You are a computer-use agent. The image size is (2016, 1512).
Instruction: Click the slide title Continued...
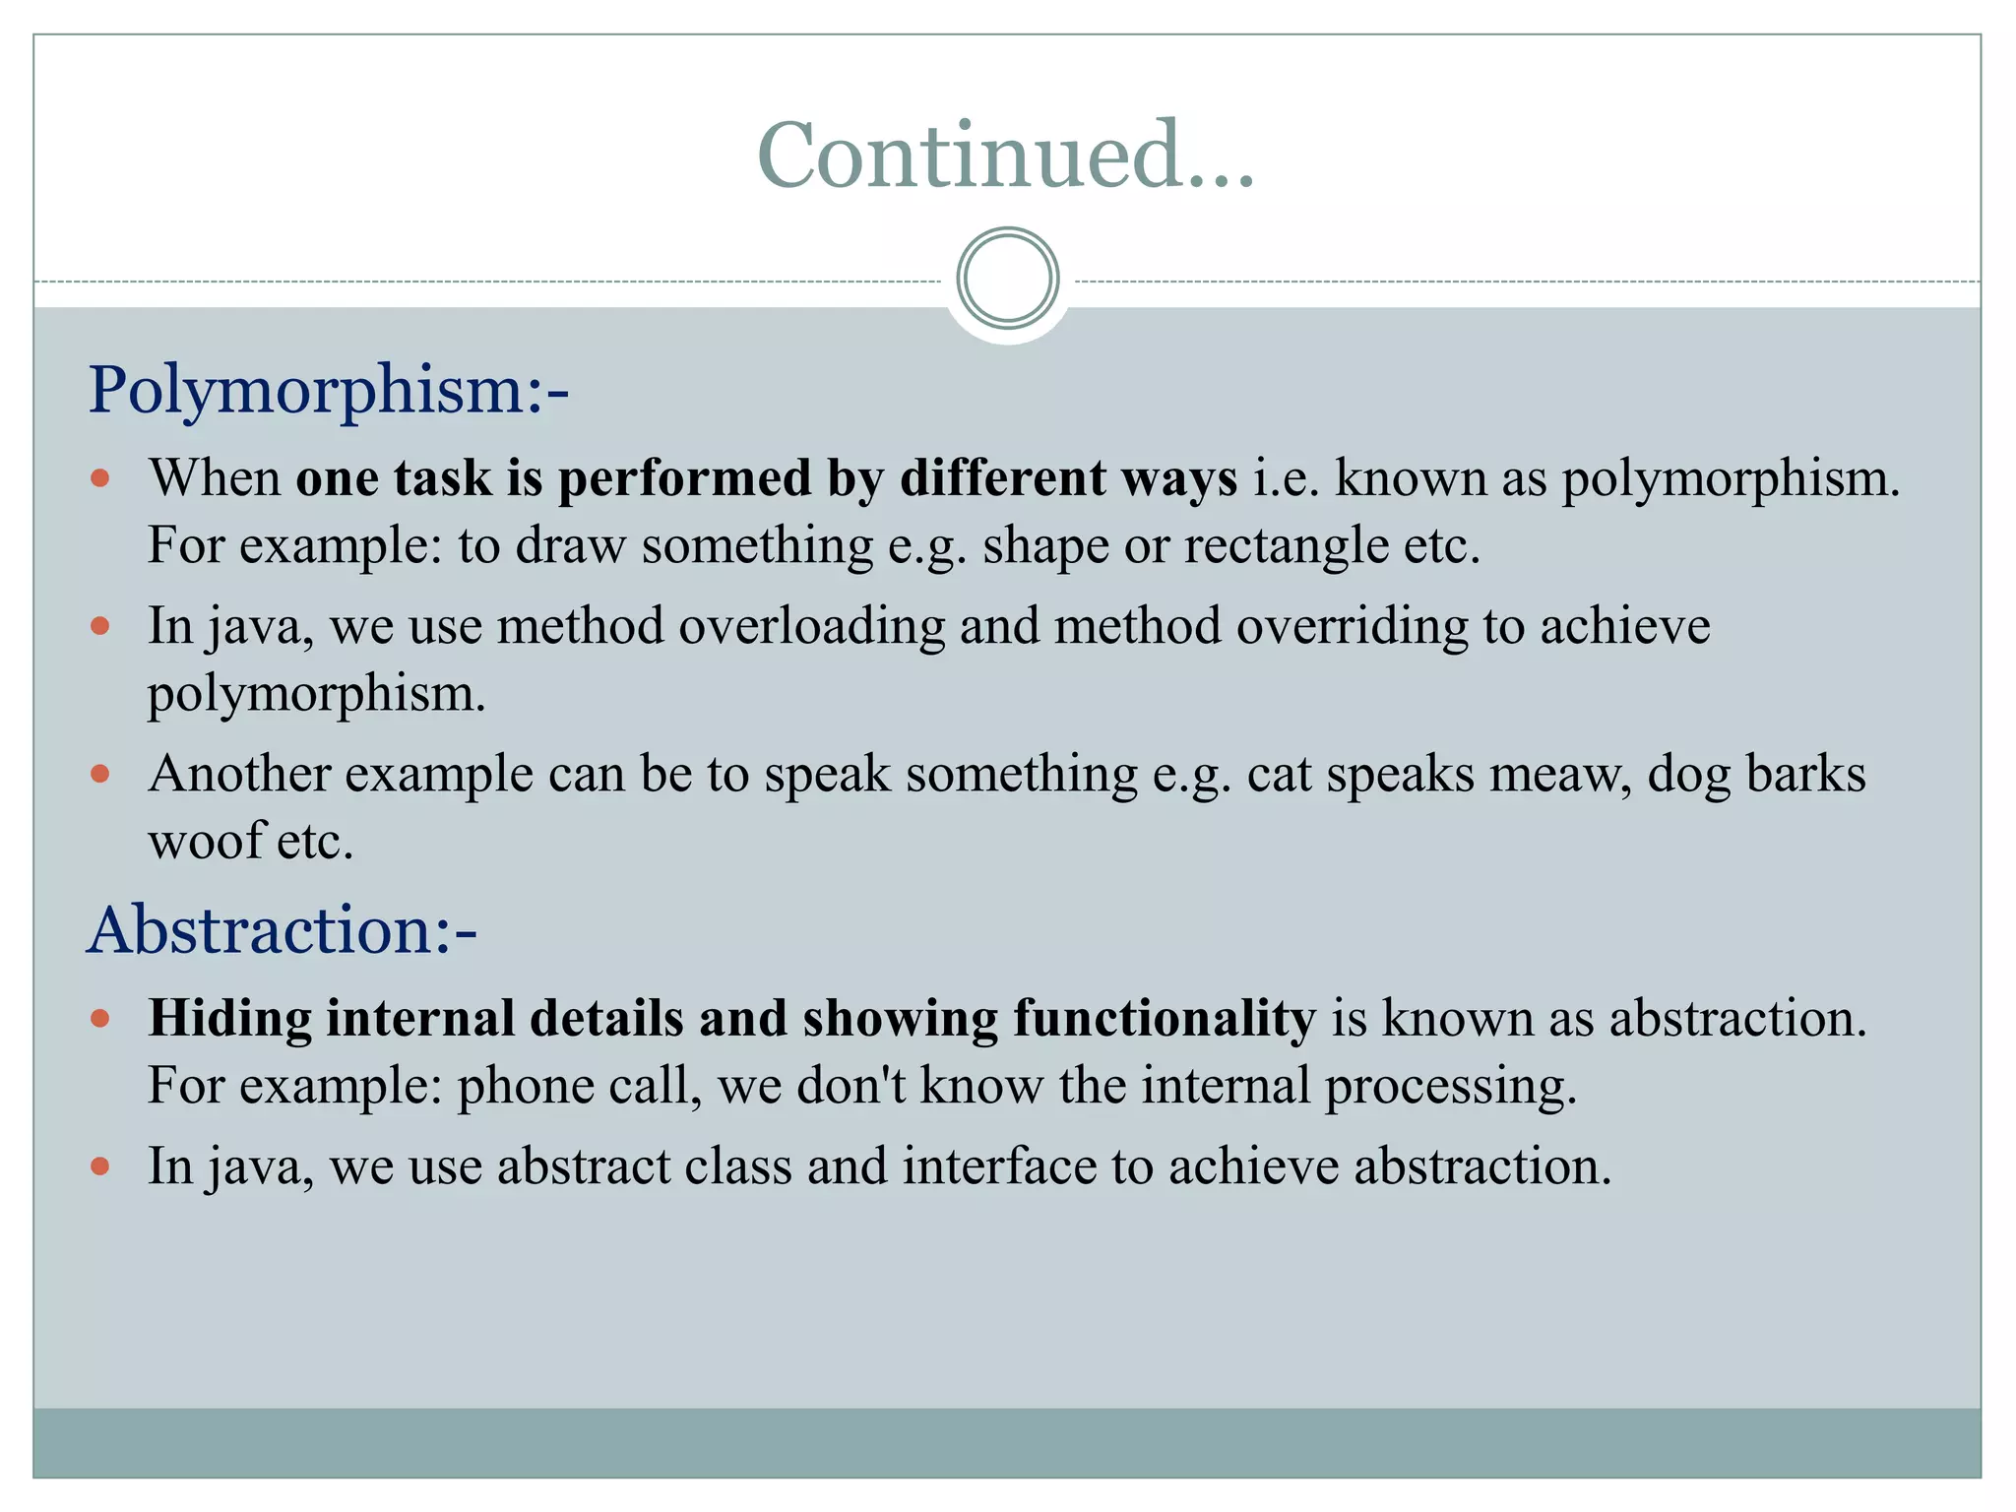[1006, 155]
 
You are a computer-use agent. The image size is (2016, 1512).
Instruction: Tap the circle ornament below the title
[1007, 279]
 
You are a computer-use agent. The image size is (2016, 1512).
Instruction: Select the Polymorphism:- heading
[329, 390]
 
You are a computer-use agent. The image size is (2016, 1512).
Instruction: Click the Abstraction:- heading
[283, 930]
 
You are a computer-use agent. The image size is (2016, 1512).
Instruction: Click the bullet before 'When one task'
[99, 479]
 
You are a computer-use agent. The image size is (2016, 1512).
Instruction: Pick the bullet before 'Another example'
[99, 774]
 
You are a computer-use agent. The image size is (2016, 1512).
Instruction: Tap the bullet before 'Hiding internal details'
[99, 1018]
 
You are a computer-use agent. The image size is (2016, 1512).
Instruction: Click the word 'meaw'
[1560, 774]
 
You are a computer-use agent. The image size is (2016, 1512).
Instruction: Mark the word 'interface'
[999, 1166]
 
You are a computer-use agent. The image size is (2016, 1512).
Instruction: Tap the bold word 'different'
[1002, 479]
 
